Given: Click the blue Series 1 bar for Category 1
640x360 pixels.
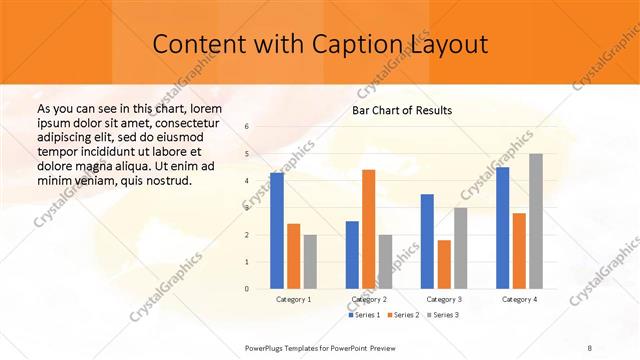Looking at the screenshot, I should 277,231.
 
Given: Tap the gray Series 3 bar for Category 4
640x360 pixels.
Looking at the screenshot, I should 536,221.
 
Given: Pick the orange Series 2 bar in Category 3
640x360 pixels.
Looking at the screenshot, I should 445,264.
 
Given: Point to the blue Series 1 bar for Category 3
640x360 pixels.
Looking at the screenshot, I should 427,241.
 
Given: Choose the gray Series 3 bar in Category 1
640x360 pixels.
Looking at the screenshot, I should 310,262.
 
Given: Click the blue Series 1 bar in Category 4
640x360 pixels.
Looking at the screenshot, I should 502,228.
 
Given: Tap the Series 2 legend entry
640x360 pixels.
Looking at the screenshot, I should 403,315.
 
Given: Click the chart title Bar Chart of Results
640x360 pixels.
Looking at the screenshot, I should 402,110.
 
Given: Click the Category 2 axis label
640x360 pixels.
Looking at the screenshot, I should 369,299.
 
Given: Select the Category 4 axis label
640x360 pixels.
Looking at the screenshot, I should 519,299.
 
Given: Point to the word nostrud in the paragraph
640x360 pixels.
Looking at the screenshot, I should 163,181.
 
